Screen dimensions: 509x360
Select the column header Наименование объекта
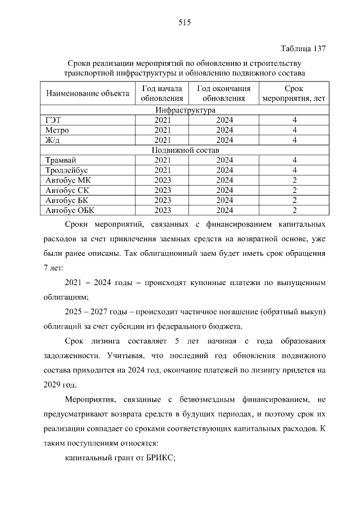pos(87,93)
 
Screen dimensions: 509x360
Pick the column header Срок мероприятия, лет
pos(294,93)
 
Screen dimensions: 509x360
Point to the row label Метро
pos(57,130)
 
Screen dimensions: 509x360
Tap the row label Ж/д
pos(52,140)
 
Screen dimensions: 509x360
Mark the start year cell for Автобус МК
pos(162,180)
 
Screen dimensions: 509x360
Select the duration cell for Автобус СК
pos(294,190)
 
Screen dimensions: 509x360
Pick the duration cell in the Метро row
pos(294,130)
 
